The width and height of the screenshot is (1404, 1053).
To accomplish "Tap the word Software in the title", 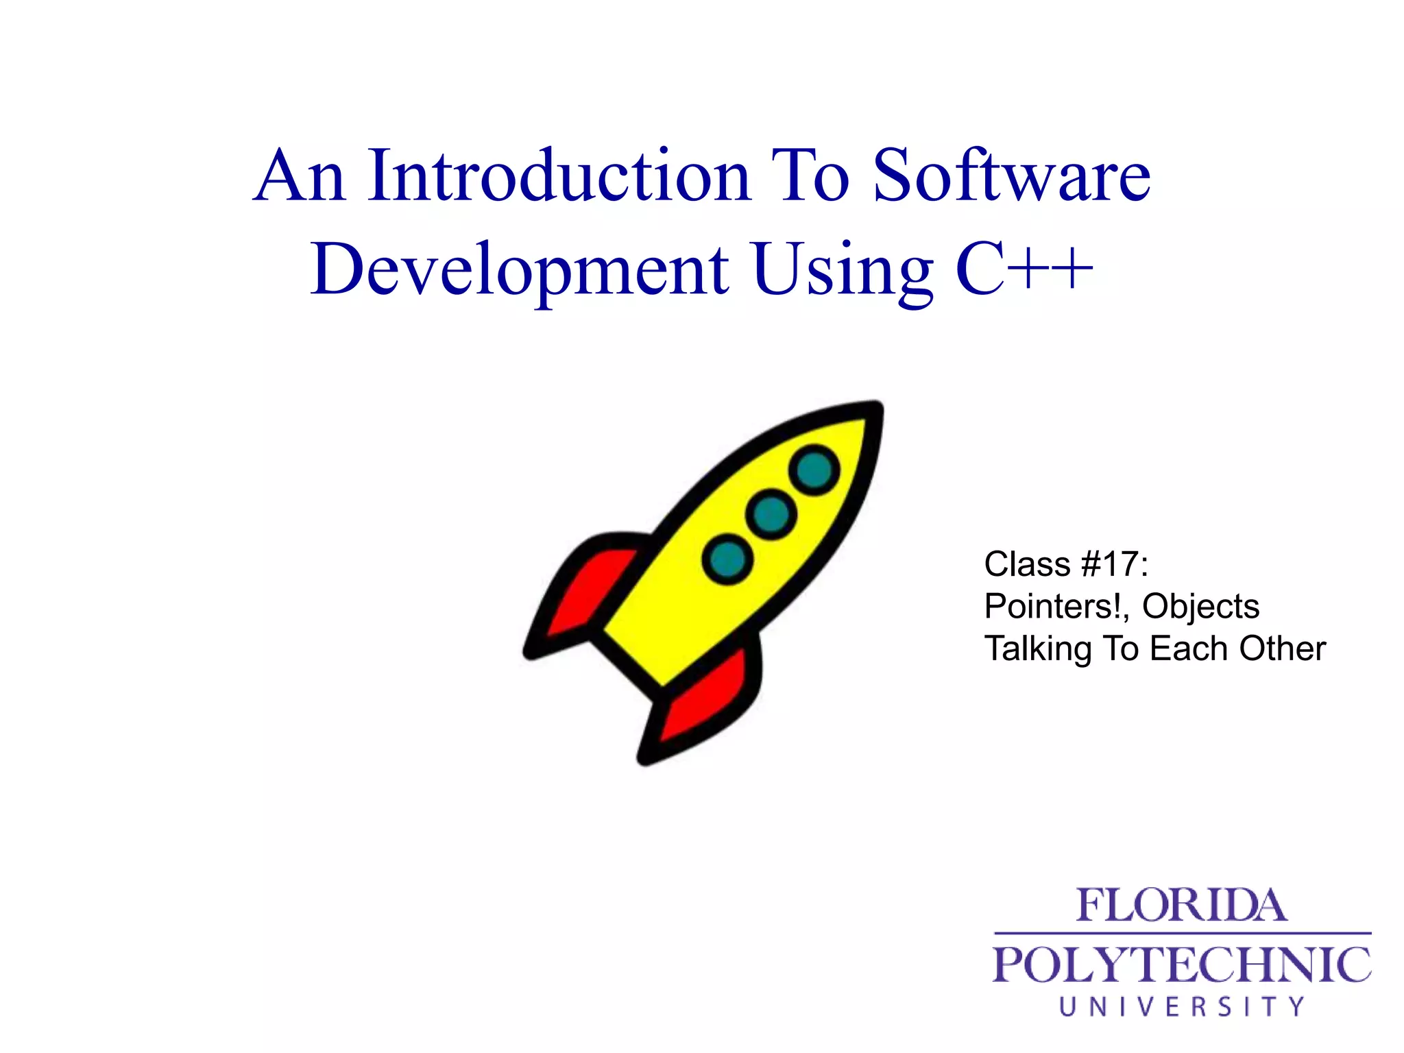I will [1012, 176].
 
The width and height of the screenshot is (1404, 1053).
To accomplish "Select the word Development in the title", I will [520, 270].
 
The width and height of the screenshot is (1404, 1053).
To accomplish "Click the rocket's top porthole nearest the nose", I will [814, 470].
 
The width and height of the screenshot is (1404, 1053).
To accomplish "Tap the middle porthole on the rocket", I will [771, 514].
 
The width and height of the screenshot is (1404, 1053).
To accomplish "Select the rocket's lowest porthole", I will [727, 559].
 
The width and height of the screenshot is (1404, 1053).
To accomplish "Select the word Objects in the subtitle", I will [1200, 607].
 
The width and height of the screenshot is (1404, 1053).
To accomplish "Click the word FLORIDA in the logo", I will [1181, 906].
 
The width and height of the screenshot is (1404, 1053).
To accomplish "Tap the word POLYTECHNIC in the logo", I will [1181, 965].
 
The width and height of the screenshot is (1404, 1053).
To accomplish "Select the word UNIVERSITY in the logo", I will [1181, 1006].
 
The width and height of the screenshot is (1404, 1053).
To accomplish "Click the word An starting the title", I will [300, 176].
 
